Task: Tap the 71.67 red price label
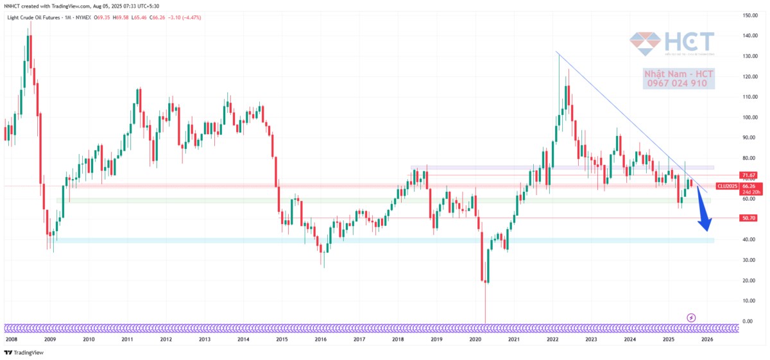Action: click(x=748, y=175)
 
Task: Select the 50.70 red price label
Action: click(x=748, y=218)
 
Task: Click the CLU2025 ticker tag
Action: click(x=726, y=186)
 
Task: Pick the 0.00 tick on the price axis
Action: click(x=746, y=321)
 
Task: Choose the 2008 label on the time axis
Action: click(x=11, y=339)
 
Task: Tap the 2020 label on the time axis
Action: click(x=475, y=339)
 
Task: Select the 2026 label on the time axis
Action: click(x=706, y=339)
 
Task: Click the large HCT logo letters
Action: click(x=690, y=43)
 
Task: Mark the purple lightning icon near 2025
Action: click(x=691, y=317)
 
